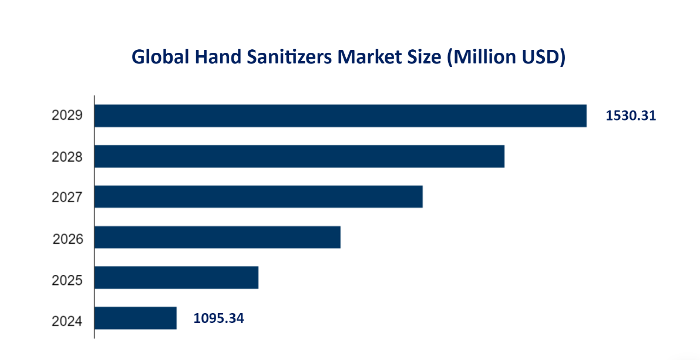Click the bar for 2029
coord(340,116)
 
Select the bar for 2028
coord(299,156)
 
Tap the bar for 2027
coord(258,197)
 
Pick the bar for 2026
coord(217,237)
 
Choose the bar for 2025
coord(176,278)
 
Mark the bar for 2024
coord(135,318)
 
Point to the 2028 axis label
coord(67,157)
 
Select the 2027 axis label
coord(67,198)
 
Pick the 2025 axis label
coord(67,280)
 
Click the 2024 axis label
coord(67,321)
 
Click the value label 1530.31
coord(630,116)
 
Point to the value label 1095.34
coord(218,319)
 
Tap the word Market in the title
coord(362,58)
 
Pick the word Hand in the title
coord(208,58)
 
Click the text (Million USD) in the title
coord(506,58)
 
